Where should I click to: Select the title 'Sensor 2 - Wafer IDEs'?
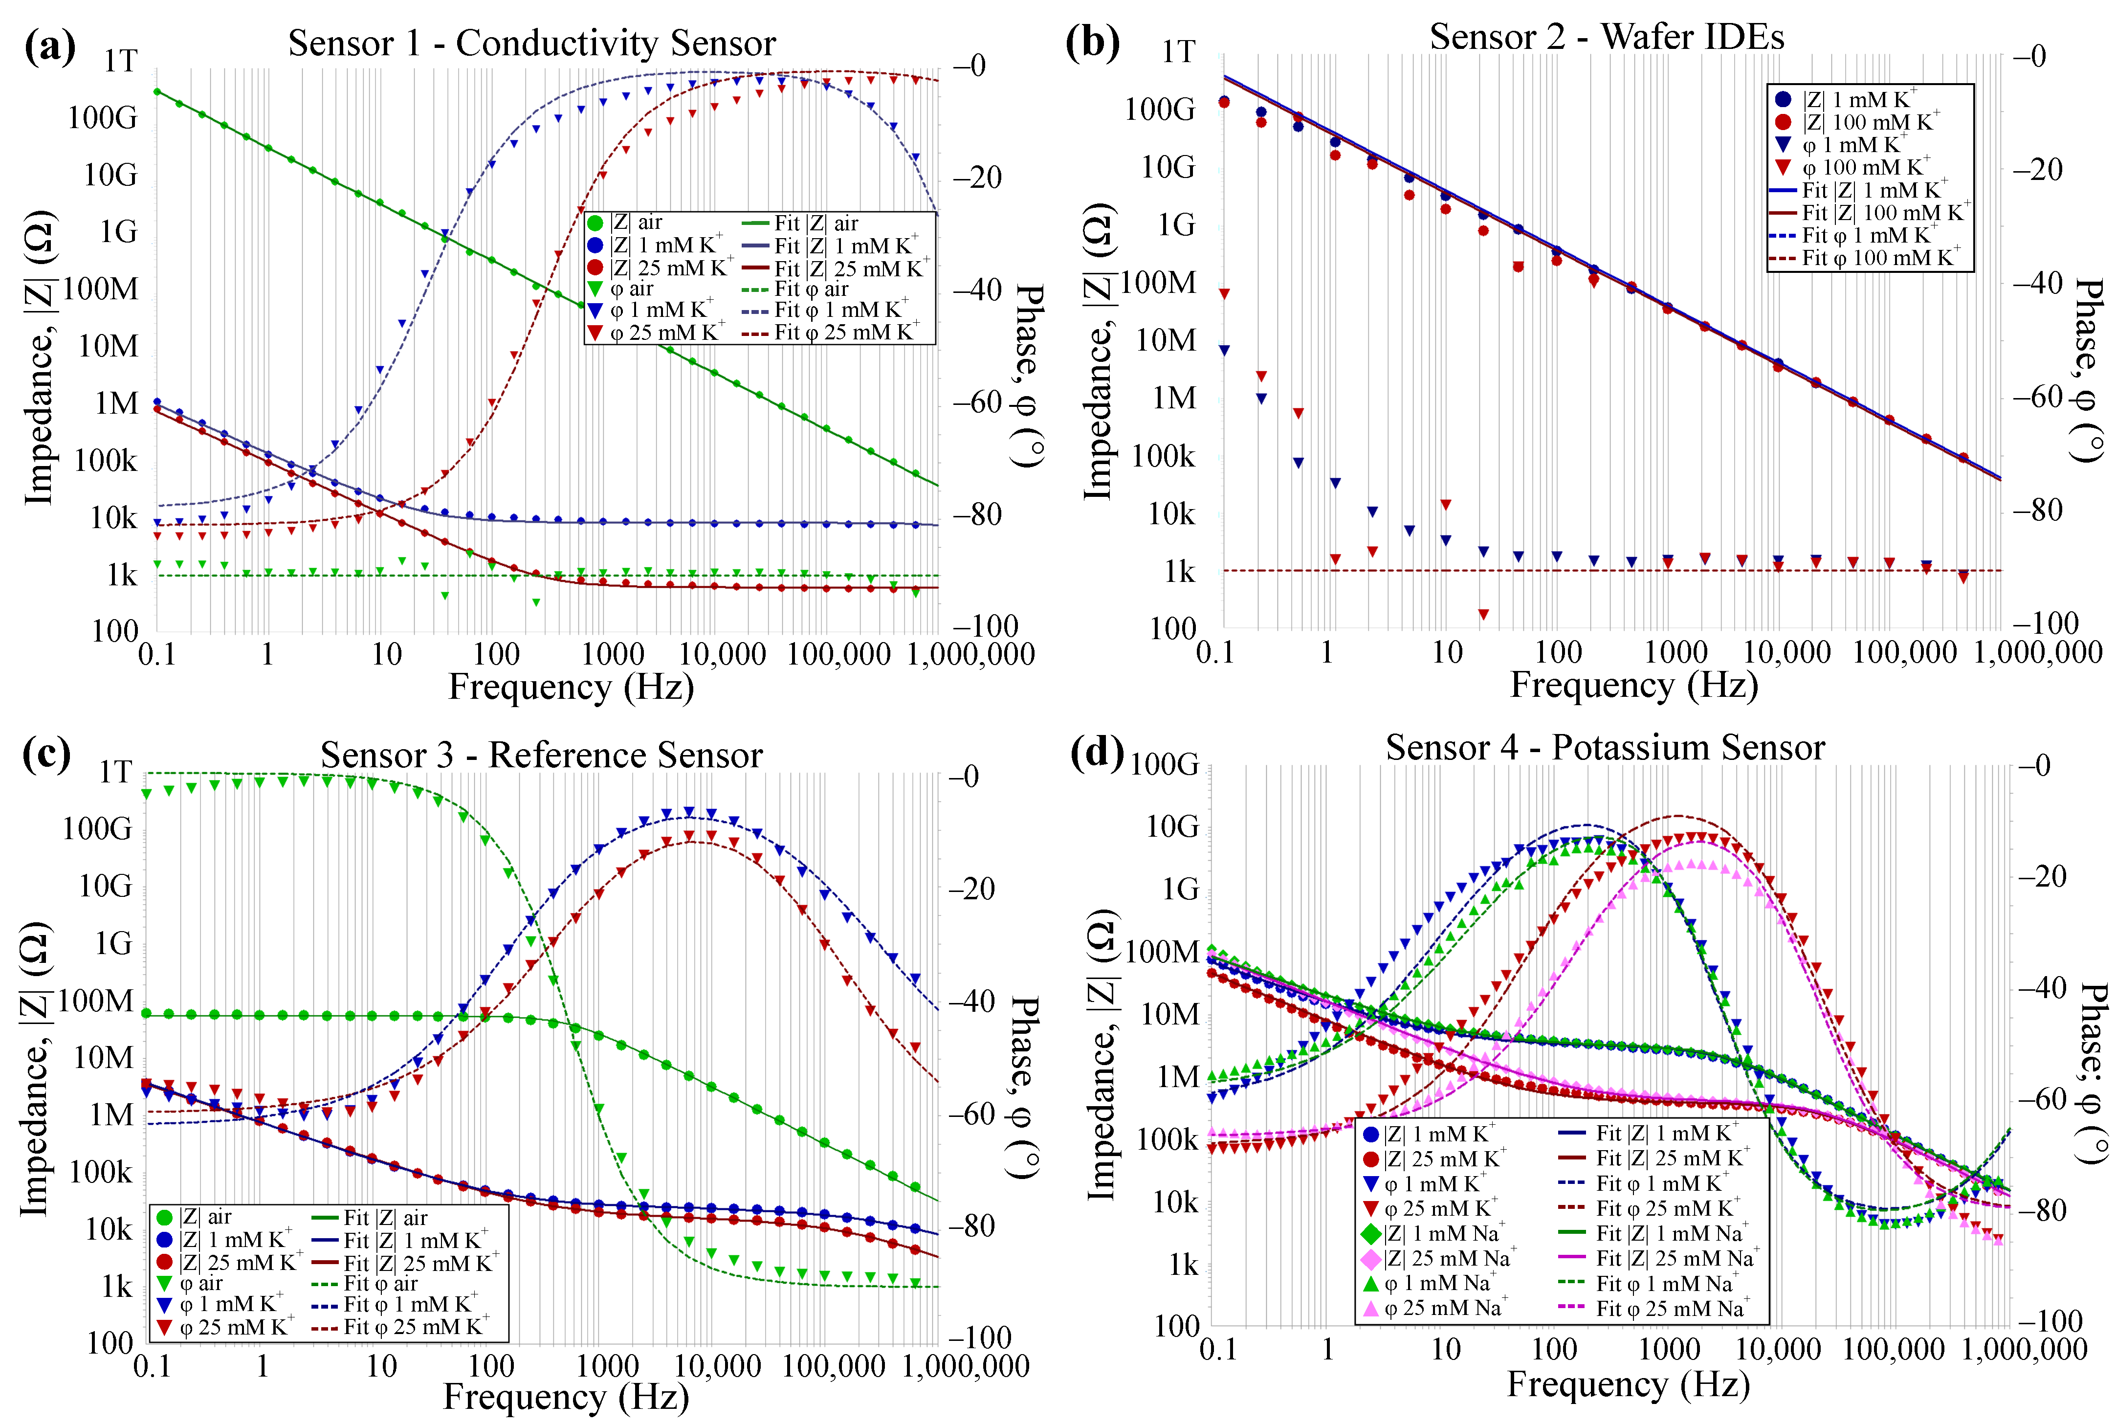pos(1606,36)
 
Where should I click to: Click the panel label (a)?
pos(50,45)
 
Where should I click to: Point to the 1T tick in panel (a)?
pos(120,61)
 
